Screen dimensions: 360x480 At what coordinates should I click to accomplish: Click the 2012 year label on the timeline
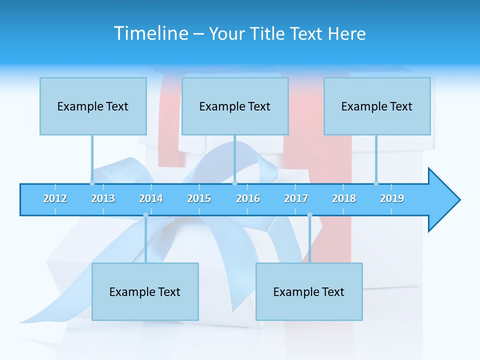click(x=55, y=198)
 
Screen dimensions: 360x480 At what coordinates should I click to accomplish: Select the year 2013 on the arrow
click(x=103, y=198)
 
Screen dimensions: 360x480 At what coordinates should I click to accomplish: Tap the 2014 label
click(x=151, y=198)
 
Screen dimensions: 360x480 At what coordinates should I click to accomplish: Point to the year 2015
click(x=199, y=198)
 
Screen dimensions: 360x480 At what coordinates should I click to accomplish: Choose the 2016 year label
click(x=248, y=198)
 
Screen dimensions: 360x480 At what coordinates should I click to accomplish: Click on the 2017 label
click(x=296, y=198)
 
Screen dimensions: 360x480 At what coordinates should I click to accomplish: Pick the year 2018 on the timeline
click(x=344, y=198)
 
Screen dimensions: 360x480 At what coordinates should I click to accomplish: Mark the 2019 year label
click(x=392, y=198)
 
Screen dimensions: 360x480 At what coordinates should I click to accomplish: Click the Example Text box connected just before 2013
click(x=93, y=106)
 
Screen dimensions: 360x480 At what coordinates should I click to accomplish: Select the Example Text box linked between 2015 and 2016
click(x=235, y=106)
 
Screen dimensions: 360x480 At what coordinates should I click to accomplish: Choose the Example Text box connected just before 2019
click(x=377, y=106)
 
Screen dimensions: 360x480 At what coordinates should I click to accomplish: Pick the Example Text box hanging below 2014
click(x=145, y=292)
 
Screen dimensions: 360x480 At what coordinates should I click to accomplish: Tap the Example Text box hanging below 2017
click(x=309, y=292)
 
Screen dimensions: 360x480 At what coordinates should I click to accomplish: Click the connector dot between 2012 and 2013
click(x=92, y=183)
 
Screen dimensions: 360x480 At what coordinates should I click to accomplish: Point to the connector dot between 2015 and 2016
click(x=234, y=183)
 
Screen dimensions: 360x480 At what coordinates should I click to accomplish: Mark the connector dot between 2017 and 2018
click(x=309, y=215)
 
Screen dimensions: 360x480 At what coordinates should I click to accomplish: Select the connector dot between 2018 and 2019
click(x=376, y=183)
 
